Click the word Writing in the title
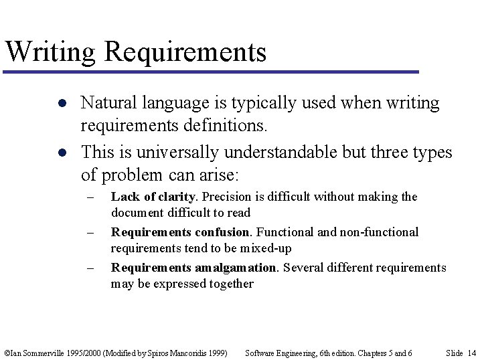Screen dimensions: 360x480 (50, 52)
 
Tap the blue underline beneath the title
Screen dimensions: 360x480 (211, 72)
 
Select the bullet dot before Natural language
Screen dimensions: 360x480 (61, 104)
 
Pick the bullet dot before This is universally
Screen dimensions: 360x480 (61, 153)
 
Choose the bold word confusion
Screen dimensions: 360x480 (222, 232)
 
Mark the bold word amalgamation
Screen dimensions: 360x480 (235, 268)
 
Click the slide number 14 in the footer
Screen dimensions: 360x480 (472, 353)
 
